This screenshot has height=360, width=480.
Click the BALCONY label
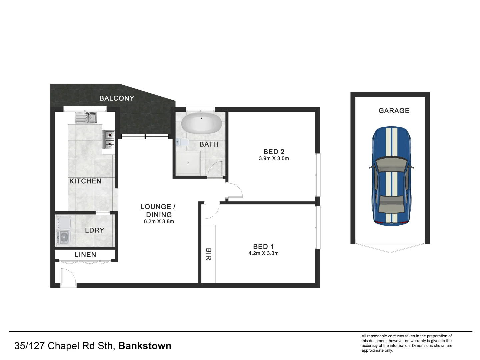pos(117,98)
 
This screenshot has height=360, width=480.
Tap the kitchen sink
pos(86,117)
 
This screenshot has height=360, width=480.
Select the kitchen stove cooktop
pos(110,140)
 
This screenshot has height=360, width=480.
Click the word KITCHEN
pos(85,181)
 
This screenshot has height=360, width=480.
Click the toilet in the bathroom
pos(181,142)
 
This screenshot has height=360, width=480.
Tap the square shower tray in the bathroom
pos(188,163)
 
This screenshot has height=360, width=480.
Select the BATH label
pos(209,144)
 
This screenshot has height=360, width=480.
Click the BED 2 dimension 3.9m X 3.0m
pos(274,159)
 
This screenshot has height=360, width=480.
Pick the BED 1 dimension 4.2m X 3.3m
pos(263,253)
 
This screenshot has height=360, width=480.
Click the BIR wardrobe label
pos(208,254)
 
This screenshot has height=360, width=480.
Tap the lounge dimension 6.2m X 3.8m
pos(159,221)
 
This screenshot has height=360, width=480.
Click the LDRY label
pos(94,230)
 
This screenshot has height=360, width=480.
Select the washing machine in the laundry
pos(63,237)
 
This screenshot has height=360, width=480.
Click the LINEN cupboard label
pos(85,255)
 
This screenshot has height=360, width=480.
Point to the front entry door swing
pos(68,277)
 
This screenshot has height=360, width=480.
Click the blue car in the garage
pos(391,176)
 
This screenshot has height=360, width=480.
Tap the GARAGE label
pos(394,111)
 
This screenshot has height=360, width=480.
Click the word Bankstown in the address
pos(145,346)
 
